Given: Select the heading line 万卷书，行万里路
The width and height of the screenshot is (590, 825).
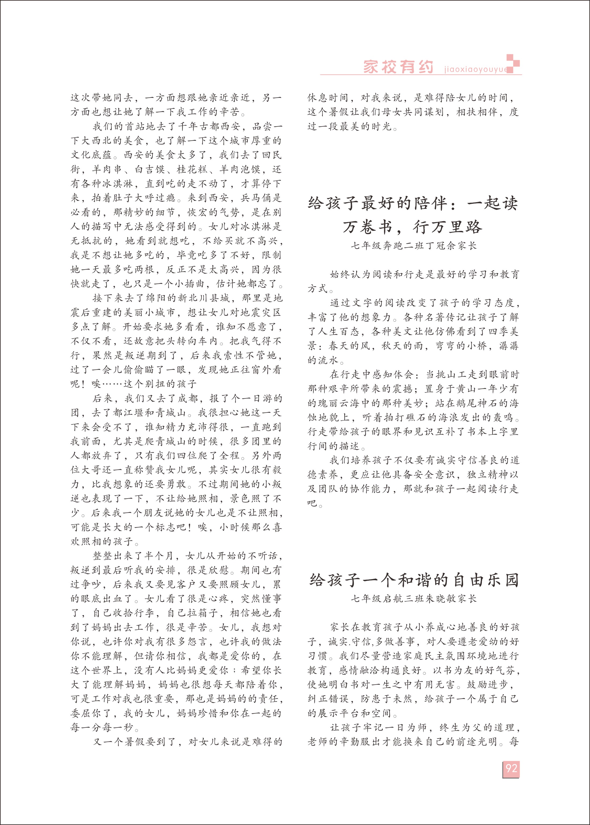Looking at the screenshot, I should coord(413,227).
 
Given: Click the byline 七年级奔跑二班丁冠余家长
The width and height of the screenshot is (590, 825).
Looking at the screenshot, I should coord(413,246).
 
